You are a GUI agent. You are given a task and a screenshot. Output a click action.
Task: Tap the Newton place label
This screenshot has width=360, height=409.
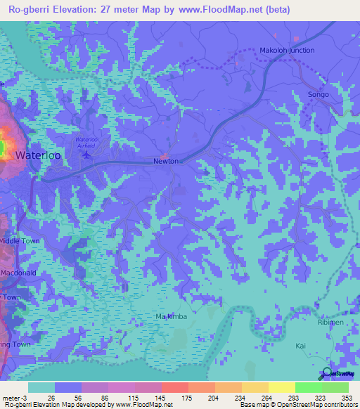pos(166,161)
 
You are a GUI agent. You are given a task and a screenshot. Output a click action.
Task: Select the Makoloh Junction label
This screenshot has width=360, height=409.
pos(287,51)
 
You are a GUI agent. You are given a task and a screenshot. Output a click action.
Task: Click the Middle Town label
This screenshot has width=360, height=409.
pos(20,240)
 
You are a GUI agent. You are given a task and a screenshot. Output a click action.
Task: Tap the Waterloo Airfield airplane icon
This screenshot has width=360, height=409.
pos(86,155)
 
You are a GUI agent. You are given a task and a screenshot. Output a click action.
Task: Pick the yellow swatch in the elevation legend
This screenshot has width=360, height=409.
pos(281,387)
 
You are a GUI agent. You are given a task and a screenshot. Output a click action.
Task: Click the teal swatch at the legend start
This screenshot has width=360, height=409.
pos(41,387)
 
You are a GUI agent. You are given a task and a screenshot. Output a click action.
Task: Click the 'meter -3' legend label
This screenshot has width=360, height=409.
pos(15,397)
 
